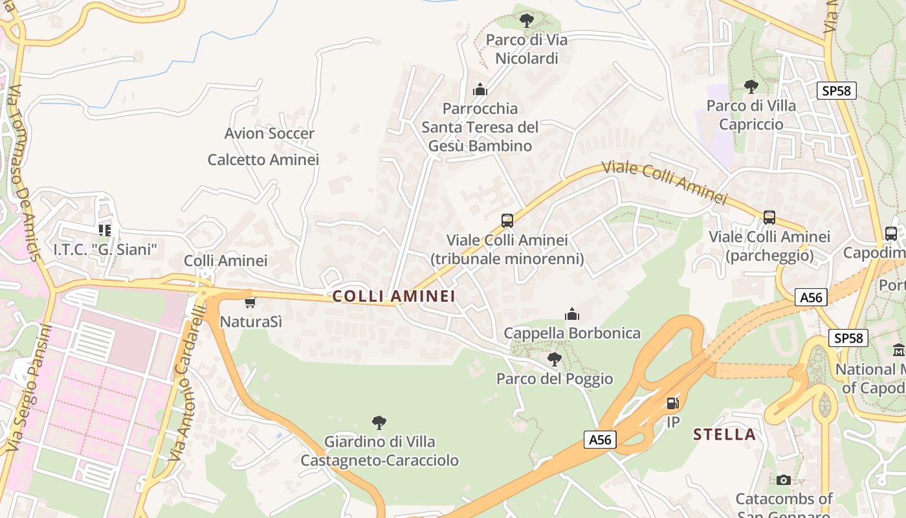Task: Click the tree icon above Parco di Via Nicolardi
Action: (x=527, y=20)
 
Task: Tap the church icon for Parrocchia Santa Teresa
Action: (x=480, y=89)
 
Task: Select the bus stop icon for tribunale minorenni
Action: (x=507, y=220)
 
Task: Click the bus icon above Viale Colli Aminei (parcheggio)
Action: (x=769, y=217)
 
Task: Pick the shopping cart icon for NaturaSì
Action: (x=250, y=302)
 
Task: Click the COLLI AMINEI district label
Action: (x=393, y=297)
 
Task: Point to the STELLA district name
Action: (x=724, y=434)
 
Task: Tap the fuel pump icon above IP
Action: (x=673, y=403)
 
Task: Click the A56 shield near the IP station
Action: (x=600, y=440)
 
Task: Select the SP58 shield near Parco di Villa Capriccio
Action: (x=836, y=91)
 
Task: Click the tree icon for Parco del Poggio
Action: (x=554, y=359)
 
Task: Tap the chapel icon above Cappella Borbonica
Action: (x=572, y=315)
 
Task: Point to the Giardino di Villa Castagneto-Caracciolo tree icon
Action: (x=379, y=423)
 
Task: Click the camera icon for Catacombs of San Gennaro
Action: (x=784, y=480)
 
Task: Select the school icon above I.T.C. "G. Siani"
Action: (x=105, y=229)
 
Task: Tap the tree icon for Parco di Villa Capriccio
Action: (x=751, y=86)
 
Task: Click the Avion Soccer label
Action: (x=269, y=133)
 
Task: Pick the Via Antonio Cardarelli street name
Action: (x=186, y=382)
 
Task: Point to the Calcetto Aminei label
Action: (x=263, y=159)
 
